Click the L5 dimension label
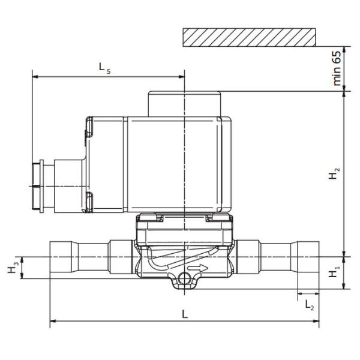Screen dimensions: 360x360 coord(104,68)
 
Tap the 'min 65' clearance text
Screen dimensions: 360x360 coord(337,68)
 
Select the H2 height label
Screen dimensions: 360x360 coord(334,174)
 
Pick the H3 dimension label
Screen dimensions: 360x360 coord(13,268)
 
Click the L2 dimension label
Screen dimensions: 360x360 coord(309,305)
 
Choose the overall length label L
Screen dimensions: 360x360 coord(185,314)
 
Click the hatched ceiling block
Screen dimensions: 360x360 coord(250,37)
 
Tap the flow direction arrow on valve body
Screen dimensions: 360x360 coord(197,268)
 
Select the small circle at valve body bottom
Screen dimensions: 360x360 coord(184,279)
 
